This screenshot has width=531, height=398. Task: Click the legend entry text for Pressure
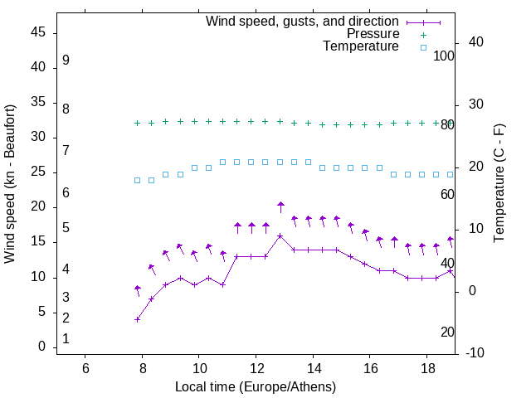373,34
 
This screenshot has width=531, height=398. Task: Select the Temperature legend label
361,46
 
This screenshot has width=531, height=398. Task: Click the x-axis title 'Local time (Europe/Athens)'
256,386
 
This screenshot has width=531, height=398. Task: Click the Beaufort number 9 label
66,61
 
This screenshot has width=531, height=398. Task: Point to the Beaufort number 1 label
66,339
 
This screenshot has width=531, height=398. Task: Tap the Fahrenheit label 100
445,56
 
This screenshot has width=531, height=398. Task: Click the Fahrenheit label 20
447,332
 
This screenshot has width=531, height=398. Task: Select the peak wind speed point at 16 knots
280,235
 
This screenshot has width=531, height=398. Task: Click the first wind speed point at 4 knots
138,319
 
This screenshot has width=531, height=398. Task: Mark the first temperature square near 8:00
138,180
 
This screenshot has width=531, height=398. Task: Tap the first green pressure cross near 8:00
138,123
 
